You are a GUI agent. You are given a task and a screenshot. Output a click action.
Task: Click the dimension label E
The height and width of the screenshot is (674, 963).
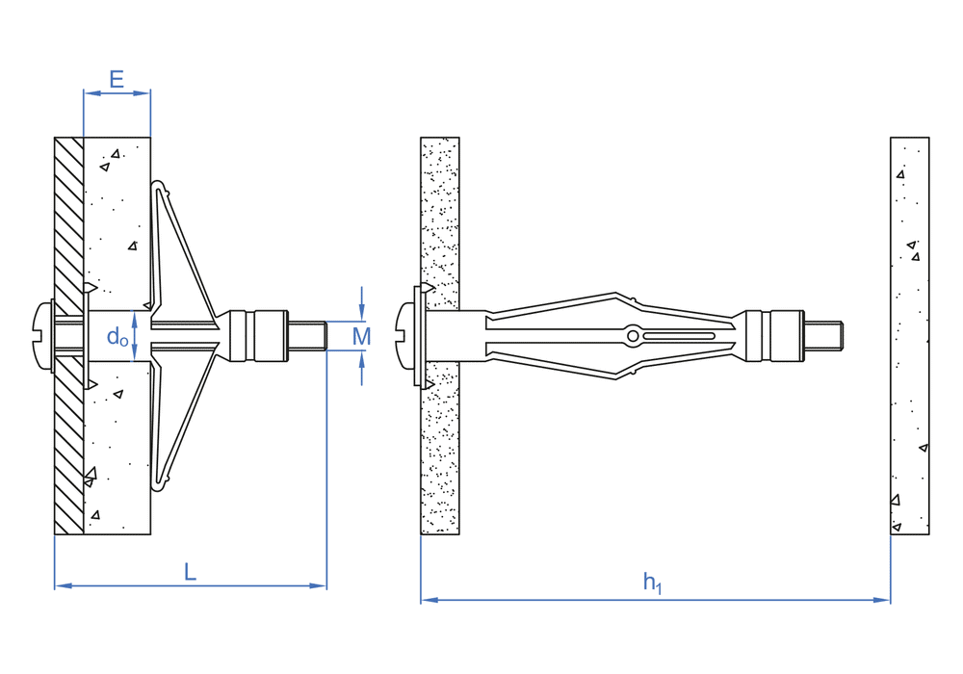tap(117, 80)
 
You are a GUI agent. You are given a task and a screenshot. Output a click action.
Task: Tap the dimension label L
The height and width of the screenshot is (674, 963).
tap(191, 572)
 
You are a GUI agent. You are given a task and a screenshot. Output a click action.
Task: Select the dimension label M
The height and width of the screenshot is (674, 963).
tap(362, 336)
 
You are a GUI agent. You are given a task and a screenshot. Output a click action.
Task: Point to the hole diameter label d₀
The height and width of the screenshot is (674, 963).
tap(117, 336)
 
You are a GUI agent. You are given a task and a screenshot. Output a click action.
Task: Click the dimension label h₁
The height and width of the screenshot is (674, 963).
tap(652, 583)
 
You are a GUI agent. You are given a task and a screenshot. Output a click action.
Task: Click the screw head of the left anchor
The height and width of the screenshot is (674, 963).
tap(43, 336)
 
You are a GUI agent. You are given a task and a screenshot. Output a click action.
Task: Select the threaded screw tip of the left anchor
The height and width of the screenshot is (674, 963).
tap(307, 336)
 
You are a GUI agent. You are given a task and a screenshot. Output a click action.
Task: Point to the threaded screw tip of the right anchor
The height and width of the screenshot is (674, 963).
tap(823, 336)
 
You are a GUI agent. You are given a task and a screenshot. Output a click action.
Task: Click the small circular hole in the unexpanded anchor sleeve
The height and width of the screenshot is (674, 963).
tap(633, 336)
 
